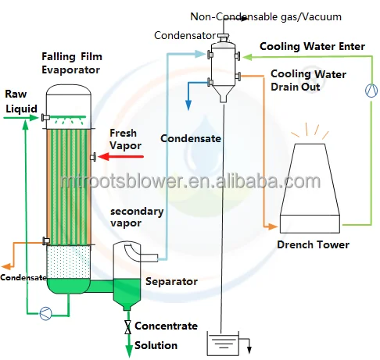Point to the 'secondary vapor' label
(x=137, y=217)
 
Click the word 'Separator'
(x=171, y=281)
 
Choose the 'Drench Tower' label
(x=313, y=245)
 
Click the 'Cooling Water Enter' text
(x=312, y=46)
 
